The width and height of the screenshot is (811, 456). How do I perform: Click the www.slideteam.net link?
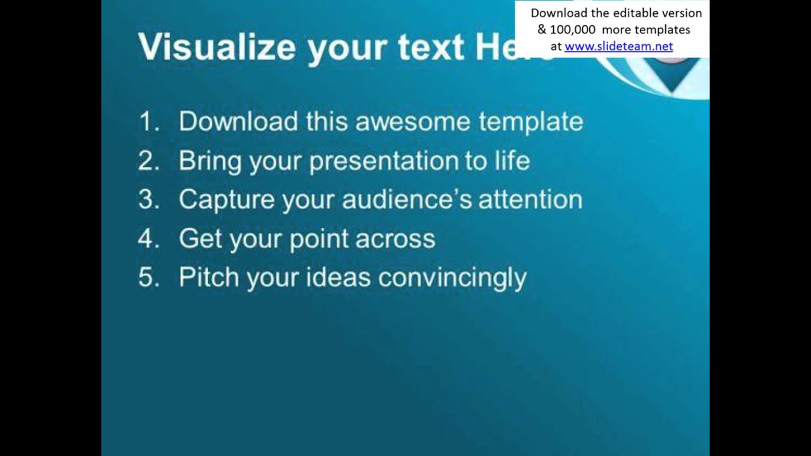point(618,46)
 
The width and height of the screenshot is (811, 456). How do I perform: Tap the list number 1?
point(148,122)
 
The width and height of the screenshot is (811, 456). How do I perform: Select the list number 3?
point(148,199)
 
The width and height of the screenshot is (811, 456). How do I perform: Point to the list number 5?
point(148,277)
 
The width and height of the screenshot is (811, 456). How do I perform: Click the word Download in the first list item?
point(238,122)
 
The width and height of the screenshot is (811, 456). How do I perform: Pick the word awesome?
point(412,122)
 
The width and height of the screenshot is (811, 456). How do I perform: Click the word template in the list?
point(530,122)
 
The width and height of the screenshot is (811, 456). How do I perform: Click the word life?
point(513,161)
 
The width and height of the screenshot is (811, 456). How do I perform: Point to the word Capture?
point(226,200)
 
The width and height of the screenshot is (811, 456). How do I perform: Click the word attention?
point(530,199)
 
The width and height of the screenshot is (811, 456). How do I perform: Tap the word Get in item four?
point(199,239)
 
